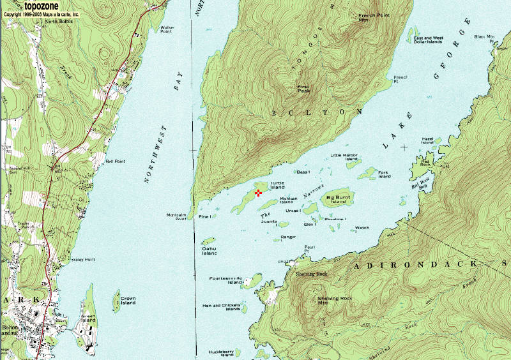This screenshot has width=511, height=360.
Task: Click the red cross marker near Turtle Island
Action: (x=258, y=193)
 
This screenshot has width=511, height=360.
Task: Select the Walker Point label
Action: (x=167, y=29)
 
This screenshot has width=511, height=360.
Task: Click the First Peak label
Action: (x=303, y=89)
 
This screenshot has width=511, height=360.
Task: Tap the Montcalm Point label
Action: (x=176, y=217)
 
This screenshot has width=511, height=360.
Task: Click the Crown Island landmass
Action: (x=116, y=299)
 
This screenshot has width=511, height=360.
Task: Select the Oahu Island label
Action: (x=210, y=251)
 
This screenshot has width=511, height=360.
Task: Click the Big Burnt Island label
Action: (x=339, y=199)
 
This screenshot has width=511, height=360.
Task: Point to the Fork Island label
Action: (x=384, y=174)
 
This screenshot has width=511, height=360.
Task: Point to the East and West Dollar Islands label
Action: (x=429, y=40)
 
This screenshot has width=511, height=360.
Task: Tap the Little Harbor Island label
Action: (x=344, y=157)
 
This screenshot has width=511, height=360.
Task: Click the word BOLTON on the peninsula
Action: (x=303, y=112)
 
